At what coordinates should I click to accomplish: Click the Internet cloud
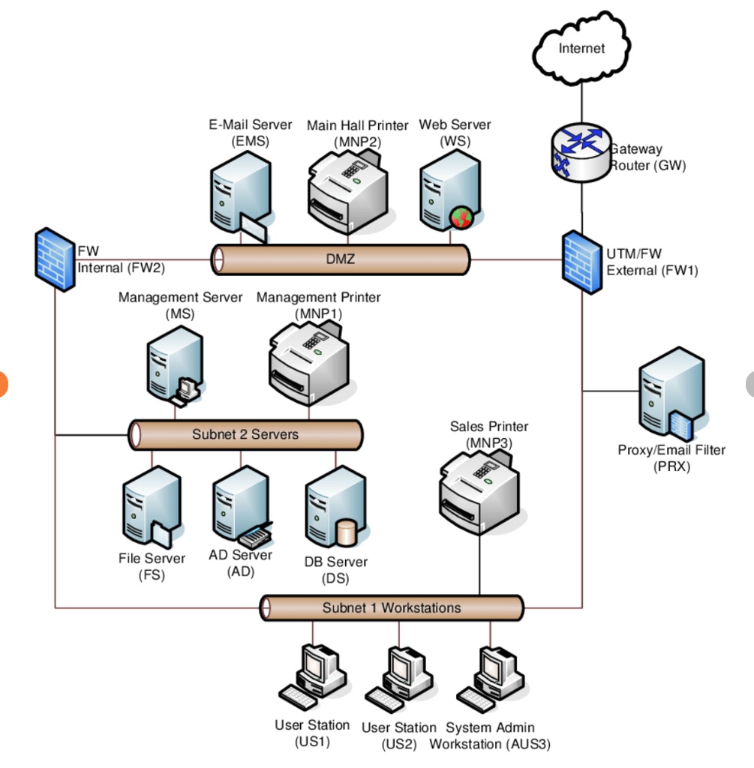coord(580,49)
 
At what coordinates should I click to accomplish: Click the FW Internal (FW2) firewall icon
coord(54,259)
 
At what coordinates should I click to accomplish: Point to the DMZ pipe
coord(341,259)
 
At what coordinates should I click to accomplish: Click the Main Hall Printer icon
coord(347,191)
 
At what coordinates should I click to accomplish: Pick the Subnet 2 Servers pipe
coord(245,434)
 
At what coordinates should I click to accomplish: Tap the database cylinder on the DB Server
coord(346,532)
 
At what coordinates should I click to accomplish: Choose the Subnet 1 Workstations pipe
coord(391,607)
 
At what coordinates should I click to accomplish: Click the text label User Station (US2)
coord(398,736)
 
